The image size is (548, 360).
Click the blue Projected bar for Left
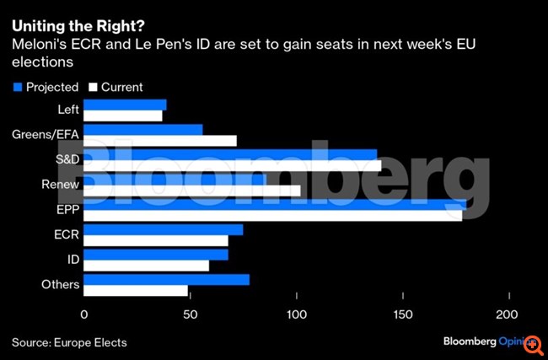coord(125,105)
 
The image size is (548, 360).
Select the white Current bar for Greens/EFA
coord(160,141)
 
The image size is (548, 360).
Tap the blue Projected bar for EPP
coord(275,204)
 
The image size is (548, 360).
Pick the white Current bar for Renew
coord(192,191)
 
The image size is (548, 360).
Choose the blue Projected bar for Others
coord(167,279)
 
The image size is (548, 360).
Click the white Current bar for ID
coord(147,266)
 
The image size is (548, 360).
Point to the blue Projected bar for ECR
coord(164,229)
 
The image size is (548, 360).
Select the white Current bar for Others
coord(136,291)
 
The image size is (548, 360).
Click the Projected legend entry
coord(46,87)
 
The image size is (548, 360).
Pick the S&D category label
coord(64,160)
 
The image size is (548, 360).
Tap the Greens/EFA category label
coord(47,135)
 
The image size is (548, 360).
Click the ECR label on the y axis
coord(65,234)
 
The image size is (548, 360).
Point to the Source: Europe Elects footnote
coord(70,341)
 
